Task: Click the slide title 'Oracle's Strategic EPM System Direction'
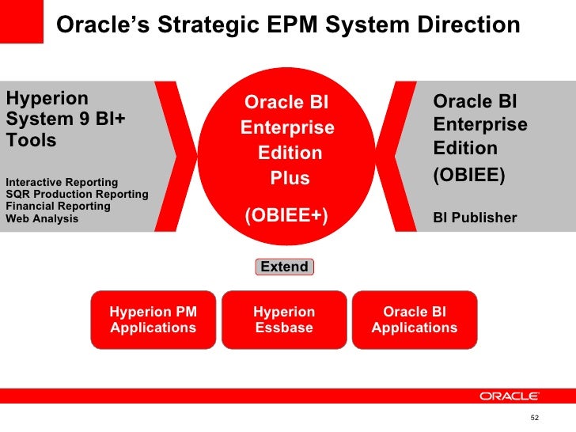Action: tap(289, 25)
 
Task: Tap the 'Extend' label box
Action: tap(284, 267)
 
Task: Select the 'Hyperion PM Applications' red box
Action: tap(153, 320)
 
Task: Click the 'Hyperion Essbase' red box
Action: tap(284, 320)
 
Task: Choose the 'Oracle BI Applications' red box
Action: tap(415, 320)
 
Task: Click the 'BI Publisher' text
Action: tap(475, 218)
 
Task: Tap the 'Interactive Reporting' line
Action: tap(62, 183)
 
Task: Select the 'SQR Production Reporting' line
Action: tap(77, 195)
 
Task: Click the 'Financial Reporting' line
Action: tap(58, 206)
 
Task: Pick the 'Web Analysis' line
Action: tap(42, 218)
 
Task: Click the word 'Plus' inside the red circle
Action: tap(290, 179)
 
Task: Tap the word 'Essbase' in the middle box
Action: tap(284, 328)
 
